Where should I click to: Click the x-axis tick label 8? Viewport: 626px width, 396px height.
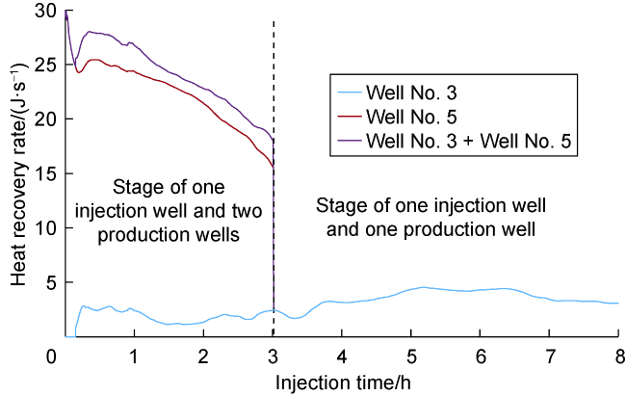click(617, 357)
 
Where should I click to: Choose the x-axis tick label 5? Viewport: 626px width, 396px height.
click(411, 357)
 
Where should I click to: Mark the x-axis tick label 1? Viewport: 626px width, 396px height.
click(135, 357)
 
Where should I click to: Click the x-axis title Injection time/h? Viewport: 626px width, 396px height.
click(334, 382)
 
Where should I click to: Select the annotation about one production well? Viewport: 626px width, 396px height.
click(430, 218)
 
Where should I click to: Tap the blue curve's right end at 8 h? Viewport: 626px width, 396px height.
click(617, 303)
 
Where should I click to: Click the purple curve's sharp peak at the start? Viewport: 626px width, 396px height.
click(66, 13)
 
